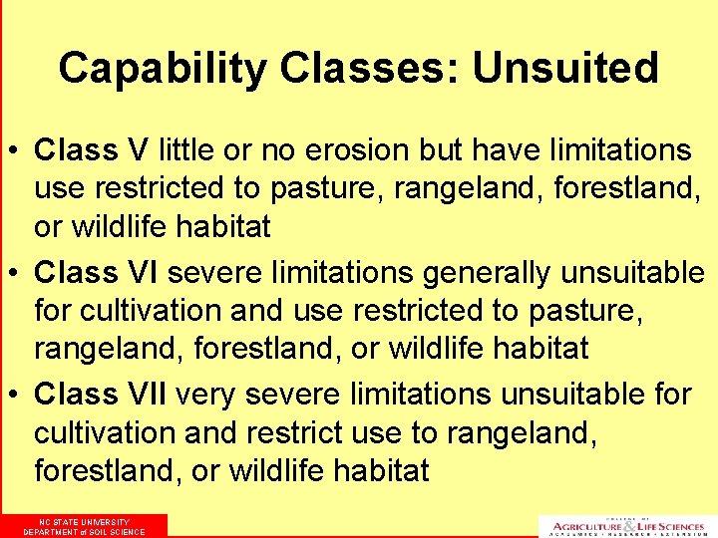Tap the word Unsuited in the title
tap(565, 69)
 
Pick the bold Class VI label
tap(97, 272)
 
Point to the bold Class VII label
tap(102, 395)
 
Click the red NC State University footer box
tap(84, 526)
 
